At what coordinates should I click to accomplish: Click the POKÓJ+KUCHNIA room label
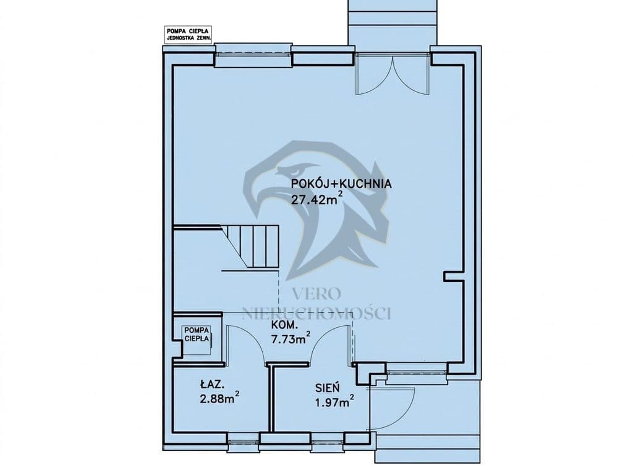[341, 184]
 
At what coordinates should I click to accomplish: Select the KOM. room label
[284, 325]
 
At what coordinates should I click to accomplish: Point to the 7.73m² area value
[291, 338]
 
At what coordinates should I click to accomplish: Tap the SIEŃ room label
[328, 388]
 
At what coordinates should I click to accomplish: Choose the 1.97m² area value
[335, 401]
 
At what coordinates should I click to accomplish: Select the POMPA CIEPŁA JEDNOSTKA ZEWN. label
[188, 35]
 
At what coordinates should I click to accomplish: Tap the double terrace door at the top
[391, 74]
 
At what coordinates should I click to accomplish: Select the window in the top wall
[252, 54]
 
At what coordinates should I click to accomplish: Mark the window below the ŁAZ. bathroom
[243, 438]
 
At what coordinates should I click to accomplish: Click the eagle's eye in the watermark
[297, 169]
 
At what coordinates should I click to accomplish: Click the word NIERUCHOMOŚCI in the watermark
[316, 313]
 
